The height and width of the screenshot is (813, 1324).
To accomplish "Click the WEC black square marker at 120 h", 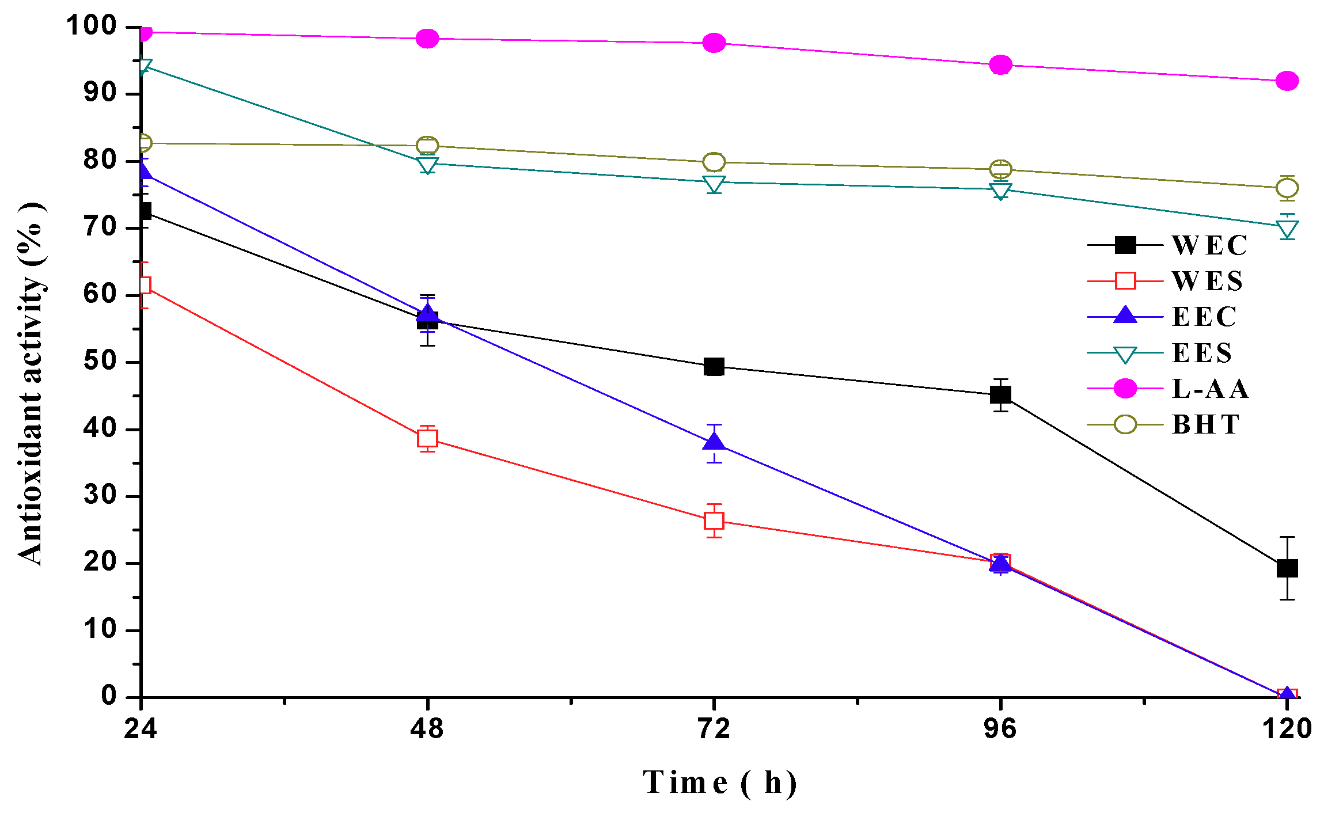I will coord(1287,568).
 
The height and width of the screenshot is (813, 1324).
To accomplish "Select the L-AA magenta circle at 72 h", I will coord(714,43).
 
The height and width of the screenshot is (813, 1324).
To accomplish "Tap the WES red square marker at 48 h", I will coord(427,439).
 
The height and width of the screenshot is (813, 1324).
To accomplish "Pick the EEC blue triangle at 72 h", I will coord(714,442).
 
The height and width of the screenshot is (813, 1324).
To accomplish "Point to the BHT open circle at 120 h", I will coord(1287,188).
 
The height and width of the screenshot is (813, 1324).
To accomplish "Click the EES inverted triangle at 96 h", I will coord(1000,190).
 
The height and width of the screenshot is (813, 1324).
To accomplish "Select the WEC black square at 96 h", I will coord(1000,394).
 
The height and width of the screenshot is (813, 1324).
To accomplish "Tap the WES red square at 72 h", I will coord(714,521).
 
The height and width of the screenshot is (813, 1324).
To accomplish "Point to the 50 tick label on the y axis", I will coord(100,362).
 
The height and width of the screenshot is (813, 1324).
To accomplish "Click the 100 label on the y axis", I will coord(92,26).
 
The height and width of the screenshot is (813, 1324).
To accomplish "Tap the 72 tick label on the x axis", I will coord(714,729).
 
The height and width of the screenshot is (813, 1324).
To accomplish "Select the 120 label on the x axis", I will coord(1287,729).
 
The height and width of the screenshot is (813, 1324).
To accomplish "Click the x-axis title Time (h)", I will coord(720,782).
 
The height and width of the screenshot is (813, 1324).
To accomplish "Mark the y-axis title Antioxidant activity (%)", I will coord(31,383).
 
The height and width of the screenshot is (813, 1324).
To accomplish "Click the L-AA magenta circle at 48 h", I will coord(427,39).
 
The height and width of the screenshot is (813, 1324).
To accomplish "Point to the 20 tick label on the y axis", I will coord(100,563).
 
